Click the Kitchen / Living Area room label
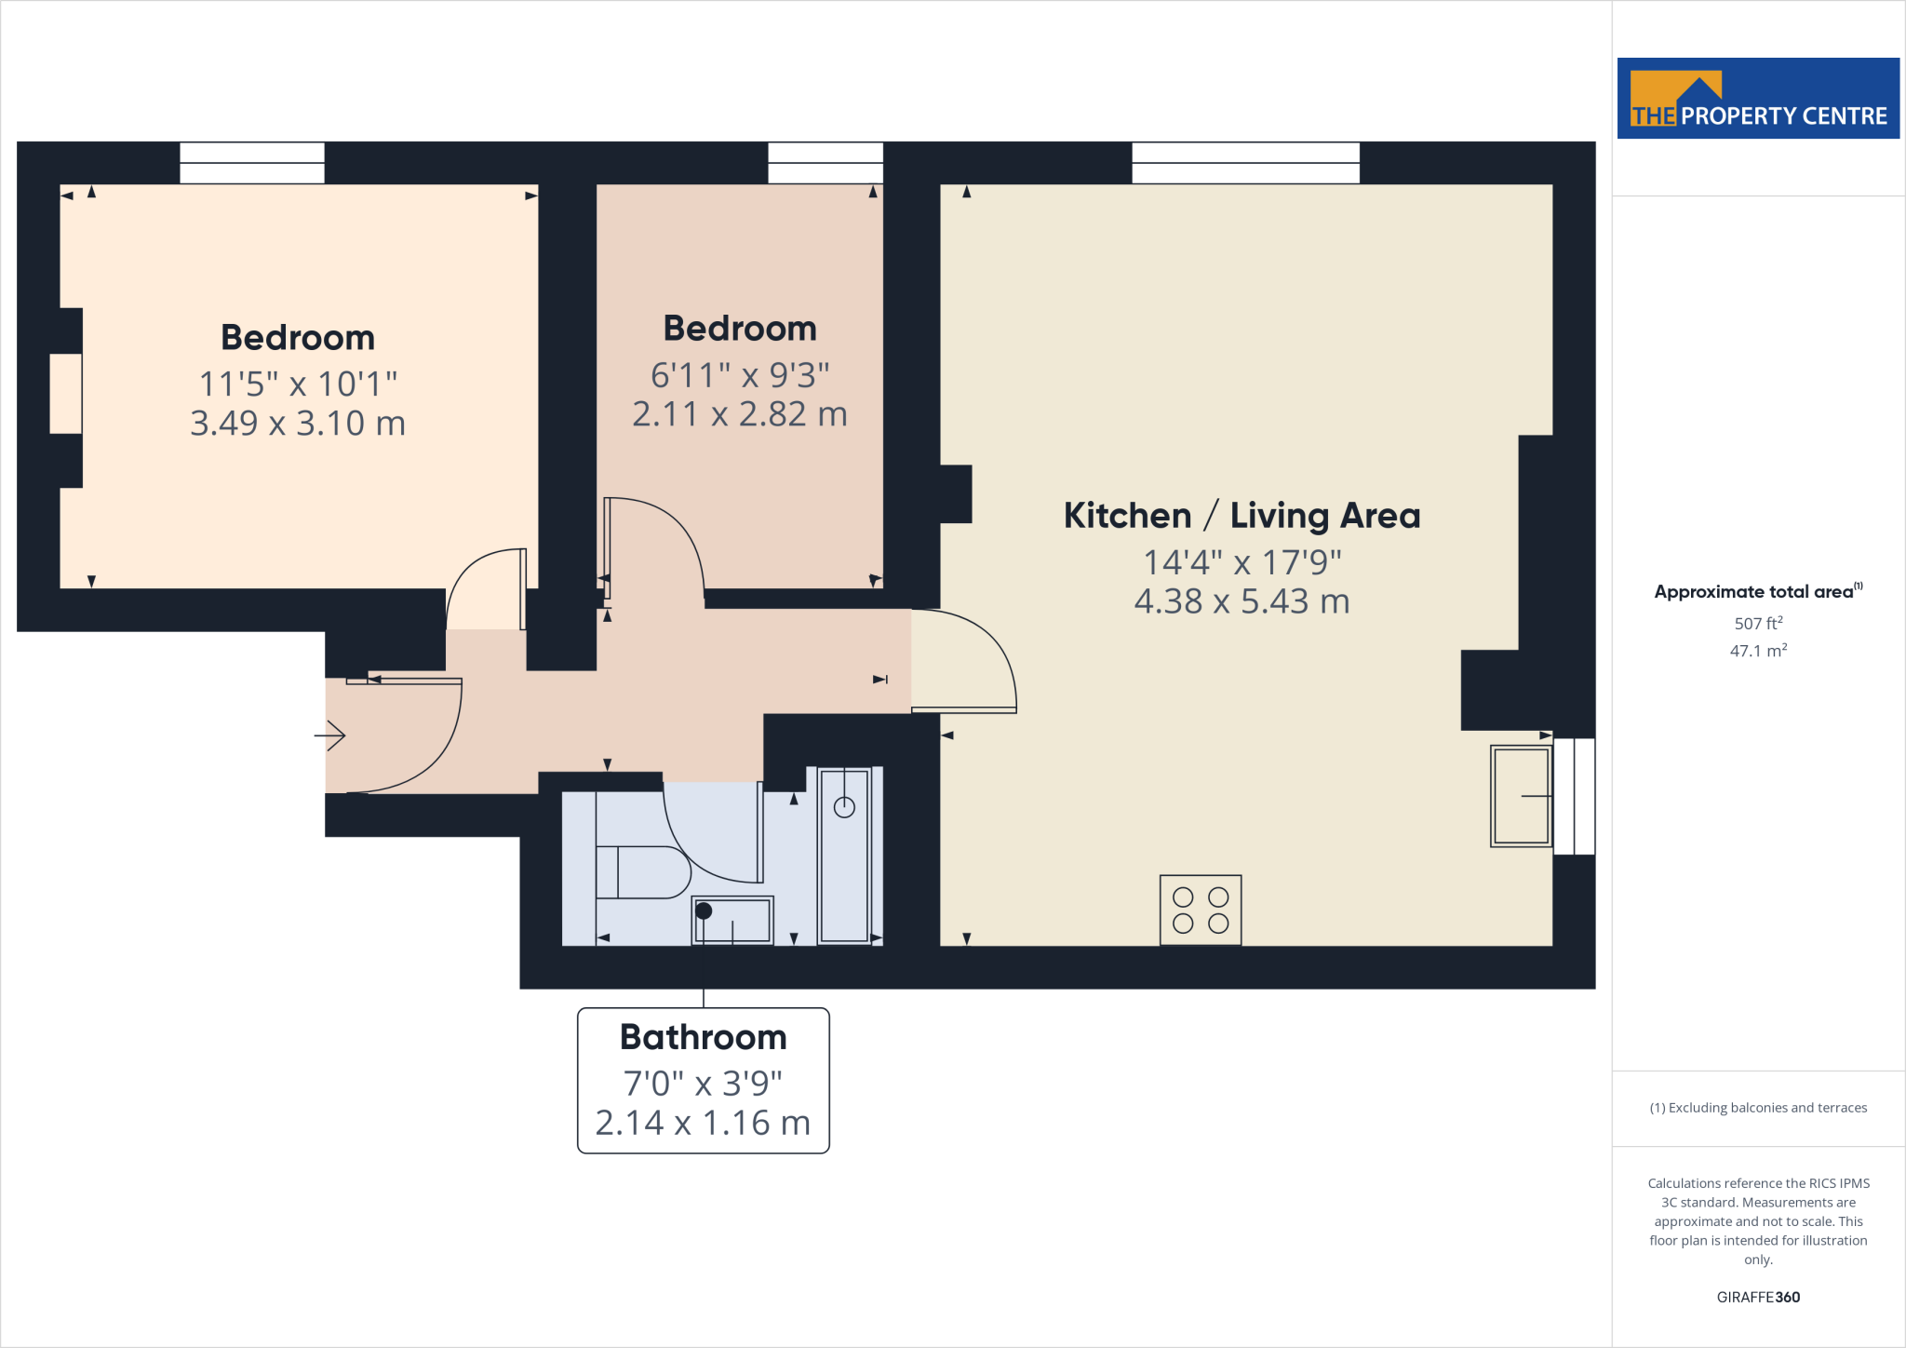click(x=1242, y=516)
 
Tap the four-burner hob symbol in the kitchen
click(x=1201, y=910)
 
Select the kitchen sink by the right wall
click(x=1521, y=796)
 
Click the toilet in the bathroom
click(x=642, y=872)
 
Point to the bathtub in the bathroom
click(x=844, y=855)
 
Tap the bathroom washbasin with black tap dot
click(x=732, y=920)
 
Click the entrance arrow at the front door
click(x=330, y=736)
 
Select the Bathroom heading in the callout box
click(x=704, y=1037)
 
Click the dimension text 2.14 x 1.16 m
click(x=703, y=1123)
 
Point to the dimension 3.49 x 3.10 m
click(x=298, y=424)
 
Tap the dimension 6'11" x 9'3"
click(x=740, y=375)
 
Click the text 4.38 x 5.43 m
click(x=1242, y=601)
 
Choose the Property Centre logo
click(x=1758, y=99)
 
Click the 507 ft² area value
click(x=1758, y=624)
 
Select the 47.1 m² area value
click(x=1758, y=651)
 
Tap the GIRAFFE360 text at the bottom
click(x=1758, y=1297)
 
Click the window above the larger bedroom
click(x=252, y=163)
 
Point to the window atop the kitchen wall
click(x=1245, y=163)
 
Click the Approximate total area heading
click(x=1755, y=592)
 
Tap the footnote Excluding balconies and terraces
click(x=1758, y=1108)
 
